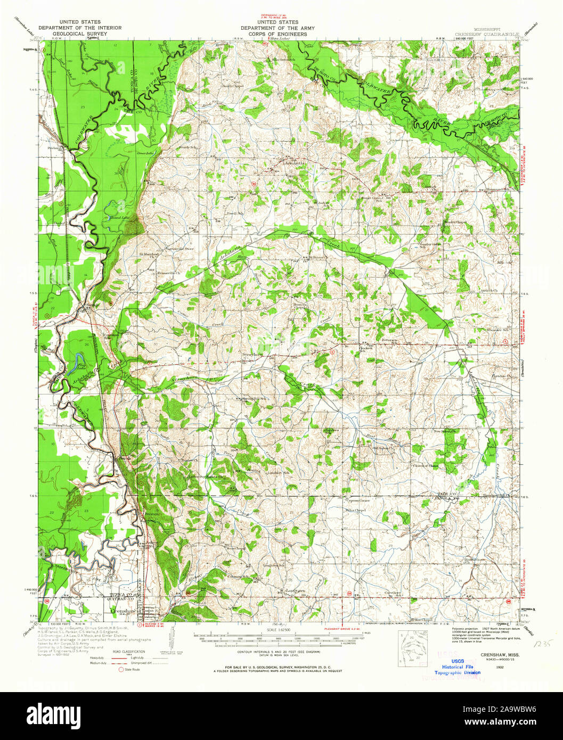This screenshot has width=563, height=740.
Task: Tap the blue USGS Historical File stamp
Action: pyautogui.click(x=457, y=666)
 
